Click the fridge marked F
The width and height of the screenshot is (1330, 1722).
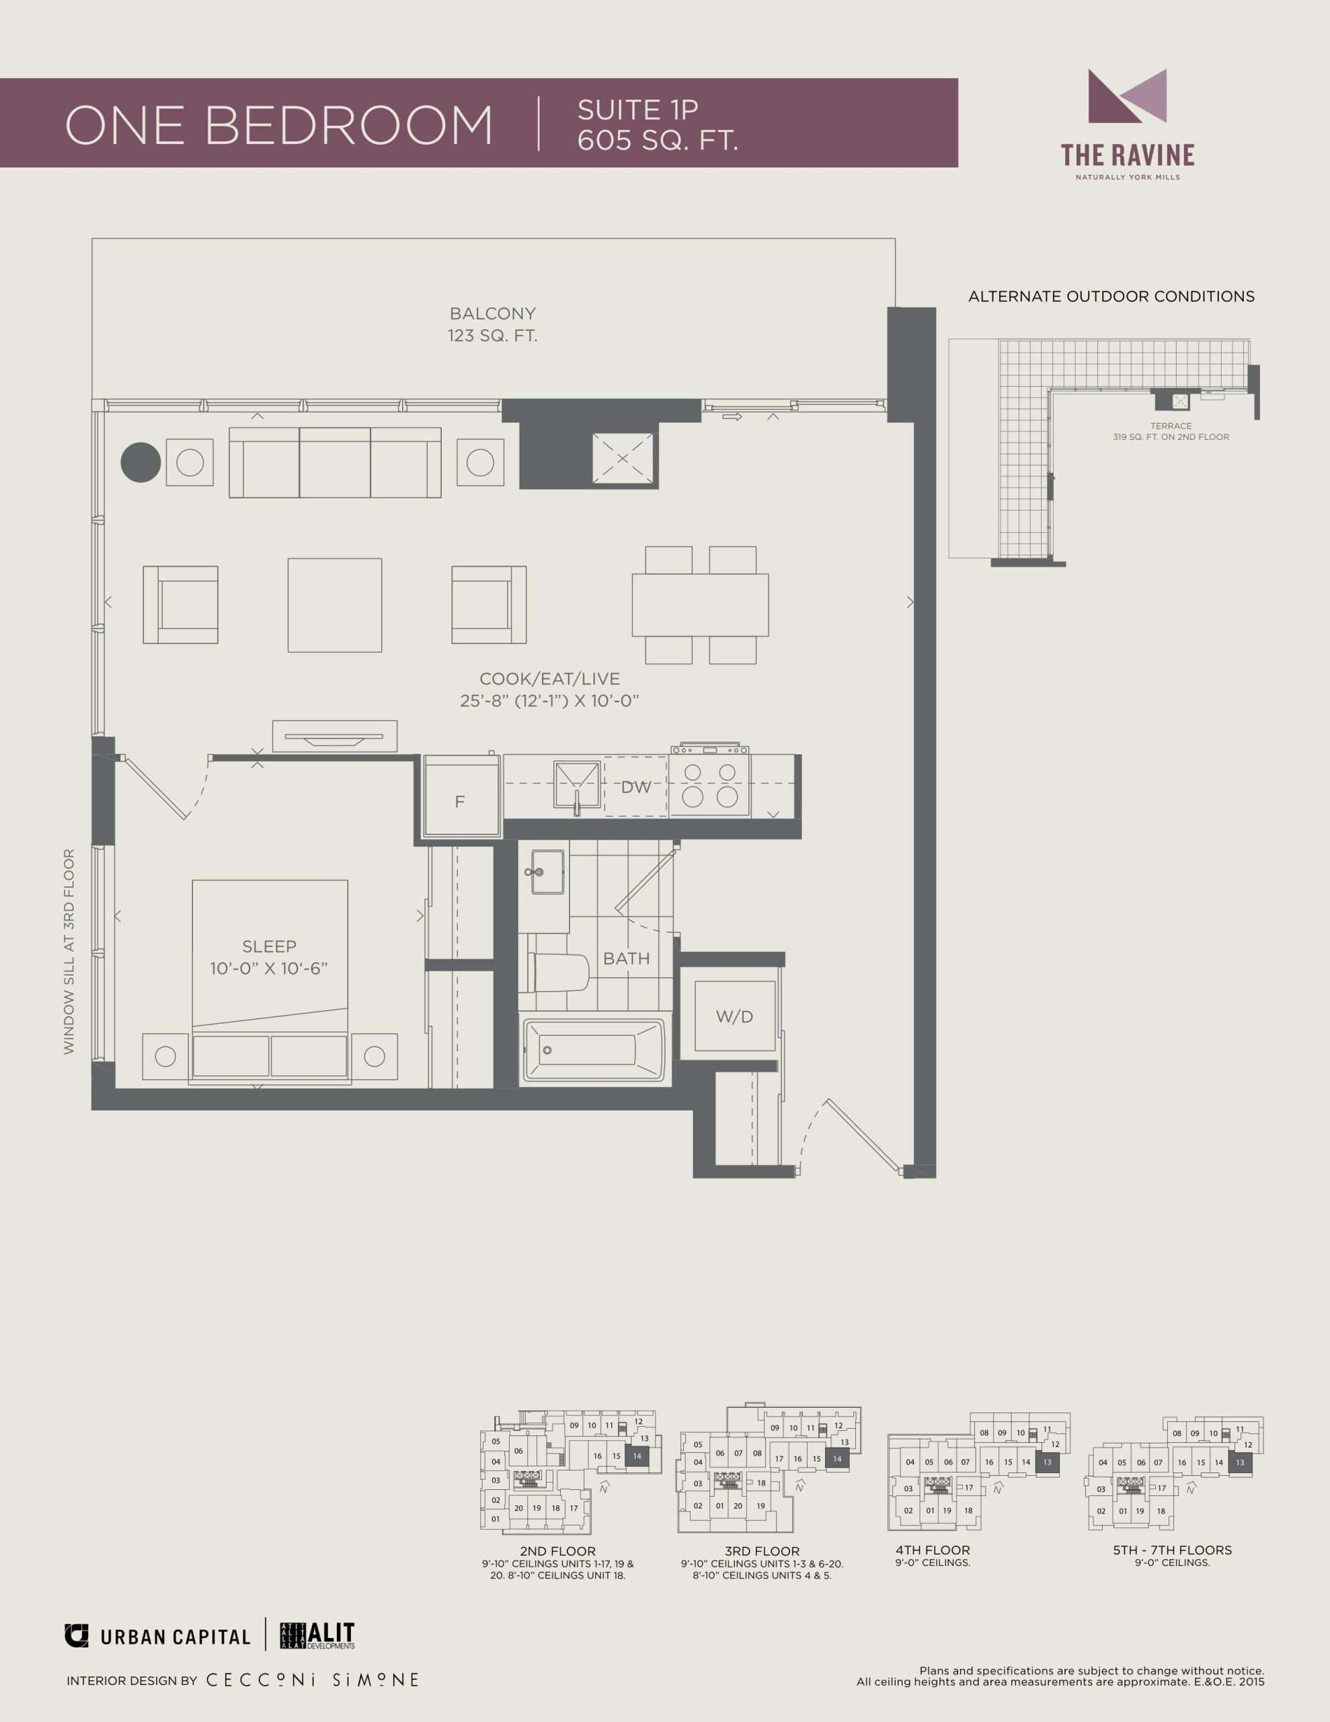tap(461, 796)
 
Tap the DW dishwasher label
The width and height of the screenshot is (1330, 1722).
tap(636, 787)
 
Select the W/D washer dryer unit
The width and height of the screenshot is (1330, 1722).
tap(734, 1016)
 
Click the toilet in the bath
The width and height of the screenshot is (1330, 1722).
tap(558, 972)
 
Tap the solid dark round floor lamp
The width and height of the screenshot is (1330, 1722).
tap(141, 462)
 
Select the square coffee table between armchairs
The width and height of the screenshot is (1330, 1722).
tap(335, 605)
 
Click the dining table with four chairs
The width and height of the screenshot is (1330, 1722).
tap(700, 605)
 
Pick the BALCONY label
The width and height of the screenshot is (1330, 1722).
tap(493, 314)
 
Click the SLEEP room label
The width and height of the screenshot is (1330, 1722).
tap(270, 946)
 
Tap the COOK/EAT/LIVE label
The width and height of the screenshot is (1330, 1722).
tap(549, 679)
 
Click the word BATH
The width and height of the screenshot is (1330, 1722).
tap(627, 959)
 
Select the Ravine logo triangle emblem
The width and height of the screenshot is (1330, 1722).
tap(1126, 96)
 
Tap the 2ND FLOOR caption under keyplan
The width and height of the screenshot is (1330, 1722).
tap(557, 1551)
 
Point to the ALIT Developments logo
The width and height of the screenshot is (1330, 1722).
tap(318, 1636)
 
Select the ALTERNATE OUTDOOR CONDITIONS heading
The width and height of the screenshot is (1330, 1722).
tap(1111, 297)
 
